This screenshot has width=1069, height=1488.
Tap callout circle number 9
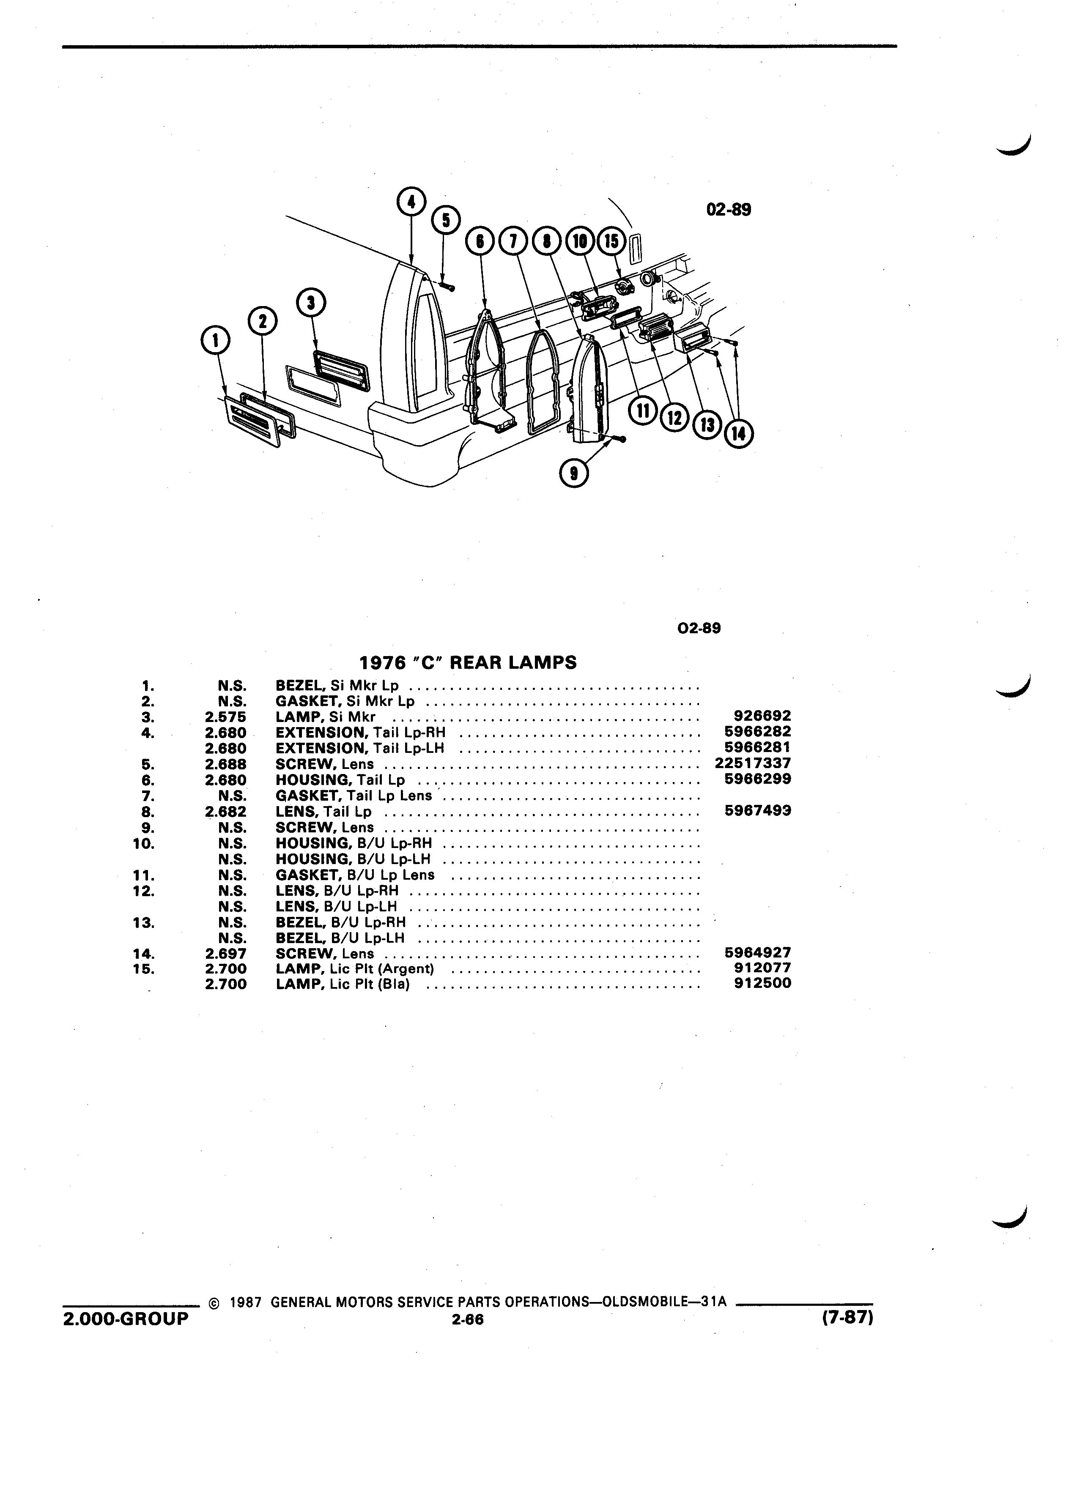coord(575,473)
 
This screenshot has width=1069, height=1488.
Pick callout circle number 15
coord(611,241)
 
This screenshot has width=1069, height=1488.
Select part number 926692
coord(762,716)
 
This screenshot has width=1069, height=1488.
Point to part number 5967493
coord(758,811)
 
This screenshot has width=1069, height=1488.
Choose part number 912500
coord(762,983)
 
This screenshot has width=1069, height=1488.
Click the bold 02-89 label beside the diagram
coord(729,210)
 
